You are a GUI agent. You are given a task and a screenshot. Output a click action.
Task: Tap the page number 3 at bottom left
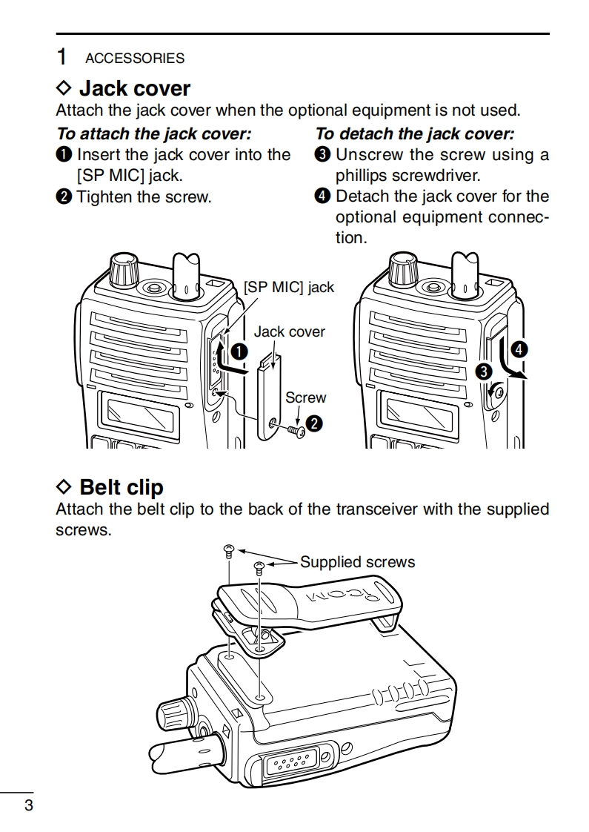click(28, 806)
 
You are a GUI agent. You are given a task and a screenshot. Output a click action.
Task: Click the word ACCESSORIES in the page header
click(135, 58)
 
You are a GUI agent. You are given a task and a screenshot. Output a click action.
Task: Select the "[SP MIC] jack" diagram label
click(289, 287)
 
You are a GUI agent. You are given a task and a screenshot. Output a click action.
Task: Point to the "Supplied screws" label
click(357, 562)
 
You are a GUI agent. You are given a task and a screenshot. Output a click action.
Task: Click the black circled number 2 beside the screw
click(314, 423)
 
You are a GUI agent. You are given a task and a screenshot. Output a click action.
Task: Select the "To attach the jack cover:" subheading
click(154, 134)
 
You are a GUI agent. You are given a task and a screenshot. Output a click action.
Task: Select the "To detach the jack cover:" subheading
click(415, 134)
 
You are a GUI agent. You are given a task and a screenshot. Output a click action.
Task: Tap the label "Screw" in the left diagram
click(305, 397)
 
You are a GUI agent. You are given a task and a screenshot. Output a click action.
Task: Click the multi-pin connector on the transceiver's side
click(290, 762)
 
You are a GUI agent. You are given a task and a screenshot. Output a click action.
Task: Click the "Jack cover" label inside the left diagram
click(289, 331)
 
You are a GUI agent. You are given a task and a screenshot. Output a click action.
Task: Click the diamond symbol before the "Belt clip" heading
click(64, 487)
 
